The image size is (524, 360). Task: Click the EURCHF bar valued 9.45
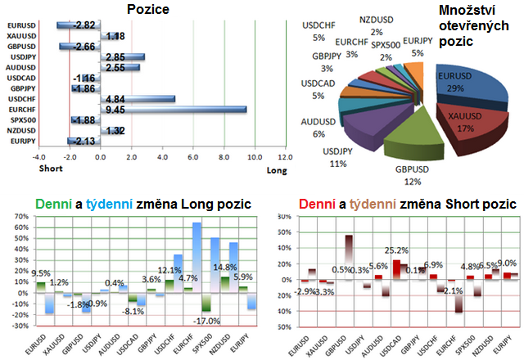click(172, 109)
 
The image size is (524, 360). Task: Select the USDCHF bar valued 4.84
click(137, 98)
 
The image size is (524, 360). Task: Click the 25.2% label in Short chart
click(397, 250)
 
